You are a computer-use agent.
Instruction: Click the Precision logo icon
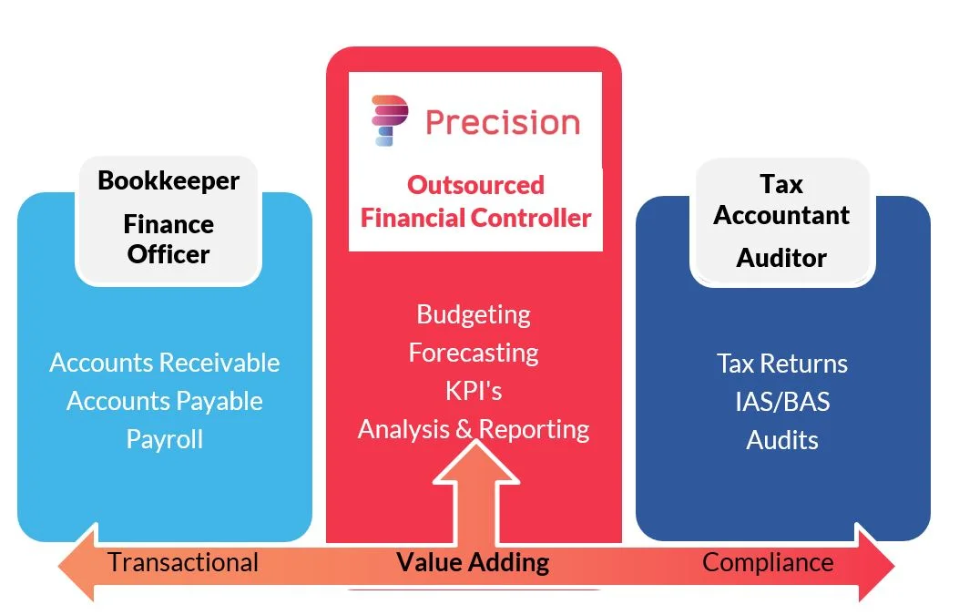pos(390,121)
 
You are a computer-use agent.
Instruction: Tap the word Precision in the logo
pos(502,122)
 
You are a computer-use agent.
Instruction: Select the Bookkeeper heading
pos(168,180)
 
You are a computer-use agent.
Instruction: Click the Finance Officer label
pos(168,239)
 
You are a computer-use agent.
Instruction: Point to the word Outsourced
pos(475,185)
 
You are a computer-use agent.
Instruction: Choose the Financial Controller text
pos(475,218)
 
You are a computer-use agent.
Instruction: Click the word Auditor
pos(781,257)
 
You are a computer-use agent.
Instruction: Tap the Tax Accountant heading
pos(781,200)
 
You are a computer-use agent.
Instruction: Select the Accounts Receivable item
pos(165,363)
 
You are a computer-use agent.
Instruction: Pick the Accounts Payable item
pos(165,401)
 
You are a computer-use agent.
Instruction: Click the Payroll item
pos(165,439)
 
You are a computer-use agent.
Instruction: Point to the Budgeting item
pos(474,314)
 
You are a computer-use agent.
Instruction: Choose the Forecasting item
pos(474,353)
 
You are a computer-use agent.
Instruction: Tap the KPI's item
pos(474,391)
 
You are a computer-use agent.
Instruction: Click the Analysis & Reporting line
pos(474,429)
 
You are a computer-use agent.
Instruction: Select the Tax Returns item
pos(782,364)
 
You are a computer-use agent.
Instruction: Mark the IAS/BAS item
pos(782,402)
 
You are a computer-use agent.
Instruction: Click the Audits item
pos(782,440)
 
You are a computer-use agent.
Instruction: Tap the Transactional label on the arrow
pos(183,562)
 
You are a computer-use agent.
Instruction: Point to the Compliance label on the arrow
pos(768,562)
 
